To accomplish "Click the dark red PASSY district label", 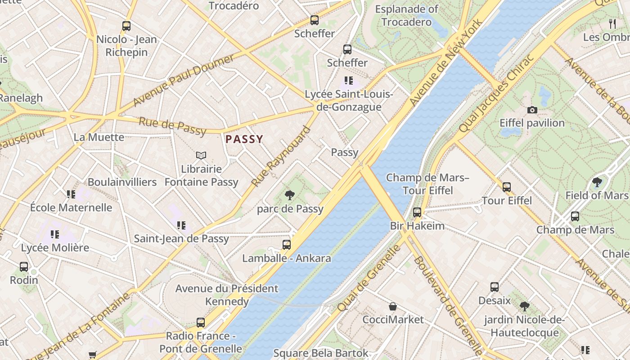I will (x=244, y=139).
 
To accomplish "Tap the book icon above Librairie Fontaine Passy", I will (x=201, y=155).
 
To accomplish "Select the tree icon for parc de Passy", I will (x=290, y=195).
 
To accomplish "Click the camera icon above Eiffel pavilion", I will (x=532, y=110).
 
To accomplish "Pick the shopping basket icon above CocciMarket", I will (x=393, y=306).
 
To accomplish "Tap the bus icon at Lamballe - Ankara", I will (x=287, y=245).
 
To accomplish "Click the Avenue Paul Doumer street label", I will (x=184, y=81).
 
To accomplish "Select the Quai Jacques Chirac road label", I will (x=496, y=94).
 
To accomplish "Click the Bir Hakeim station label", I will (x=417, y=225).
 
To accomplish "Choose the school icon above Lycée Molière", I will (x=55, y=234).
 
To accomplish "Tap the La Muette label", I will (x=99, y=137).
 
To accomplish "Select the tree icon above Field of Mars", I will (x=597, y=182).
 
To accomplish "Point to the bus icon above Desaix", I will (x=495, y=287).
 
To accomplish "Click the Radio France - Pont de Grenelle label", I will (x=201, y=342).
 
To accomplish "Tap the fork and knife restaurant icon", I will (x=612, y=23).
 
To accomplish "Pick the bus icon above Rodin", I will (x=24, y=267).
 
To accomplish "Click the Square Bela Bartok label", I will (x=321, y=353).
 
